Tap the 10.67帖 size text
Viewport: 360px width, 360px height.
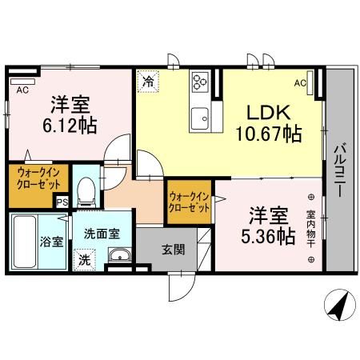point(267,134)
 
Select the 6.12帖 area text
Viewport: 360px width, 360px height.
point(70,125)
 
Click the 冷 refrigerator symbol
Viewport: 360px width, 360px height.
point(148,80)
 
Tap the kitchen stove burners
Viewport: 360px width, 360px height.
point(199,81)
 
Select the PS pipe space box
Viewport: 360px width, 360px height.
point(61,202)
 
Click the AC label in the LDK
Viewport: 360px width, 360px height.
point(301,82)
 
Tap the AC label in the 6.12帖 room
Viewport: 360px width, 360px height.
point(22,90)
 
